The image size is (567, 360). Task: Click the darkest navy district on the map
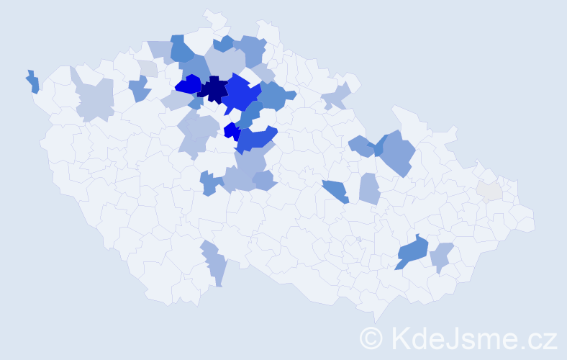click(214, 91)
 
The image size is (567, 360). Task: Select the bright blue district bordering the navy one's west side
click(188, 85)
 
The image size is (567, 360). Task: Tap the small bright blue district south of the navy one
click(232, 131)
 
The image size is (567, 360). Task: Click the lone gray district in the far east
click(489, 191)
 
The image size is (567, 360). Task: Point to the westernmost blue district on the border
click(32, 81)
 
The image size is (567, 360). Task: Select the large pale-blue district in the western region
click(95, 99)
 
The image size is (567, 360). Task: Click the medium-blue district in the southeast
click(412, 251)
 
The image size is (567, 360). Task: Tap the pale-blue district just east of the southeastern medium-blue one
click(442, 256)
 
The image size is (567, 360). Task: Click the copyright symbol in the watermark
click(371, 338)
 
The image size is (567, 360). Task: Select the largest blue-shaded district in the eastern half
click(398, 153)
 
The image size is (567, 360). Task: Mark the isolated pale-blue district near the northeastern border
click(335, 95)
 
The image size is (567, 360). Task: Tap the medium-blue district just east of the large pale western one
click(139, 89)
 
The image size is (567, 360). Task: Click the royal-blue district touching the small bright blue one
click(256, 138)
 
